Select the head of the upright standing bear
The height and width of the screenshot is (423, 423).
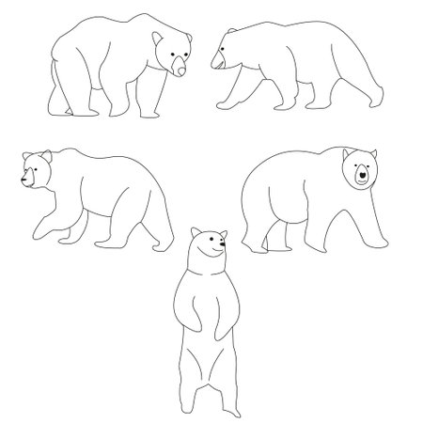(x=206, y=245)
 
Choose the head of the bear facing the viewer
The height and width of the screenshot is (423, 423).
(x=360, y=170)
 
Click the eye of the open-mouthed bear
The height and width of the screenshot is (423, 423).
(x=227, y=46)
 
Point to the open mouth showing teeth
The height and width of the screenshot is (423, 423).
(x=219, y=63)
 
